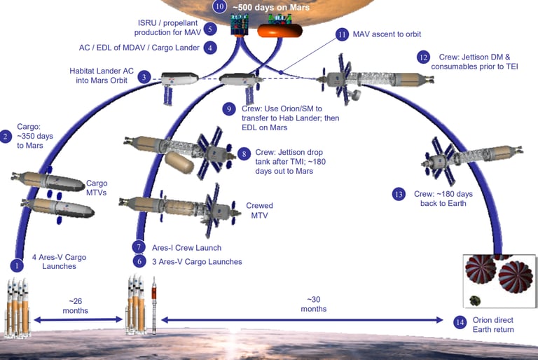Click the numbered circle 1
(17, 265)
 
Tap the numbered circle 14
(460, 322)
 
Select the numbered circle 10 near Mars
(219, 8)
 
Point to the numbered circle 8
(244, 153)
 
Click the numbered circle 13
(399, 194)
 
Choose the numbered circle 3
(145, 77)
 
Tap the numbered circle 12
(422, 57)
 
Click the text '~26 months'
(76, 305)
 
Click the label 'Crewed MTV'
(259, 211)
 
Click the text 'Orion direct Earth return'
(495, 325)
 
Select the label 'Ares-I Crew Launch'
(186, 247)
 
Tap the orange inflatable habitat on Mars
(276, 31)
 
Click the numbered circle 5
(209, 29)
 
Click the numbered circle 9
(228, 109)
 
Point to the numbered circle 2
(6, 137)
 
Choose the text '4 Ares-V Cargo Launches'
(55, 261)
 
